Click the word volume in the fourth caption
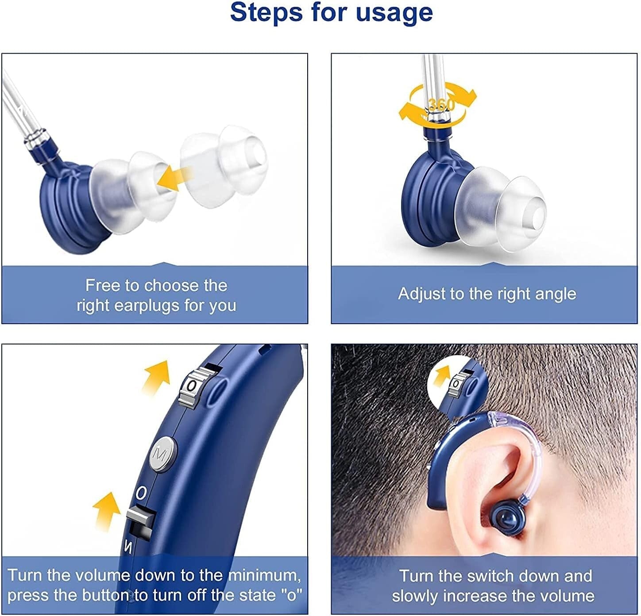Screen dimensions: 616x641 click(567, 596)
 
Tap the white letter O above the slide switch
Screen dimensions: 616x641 click(141, 492)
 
